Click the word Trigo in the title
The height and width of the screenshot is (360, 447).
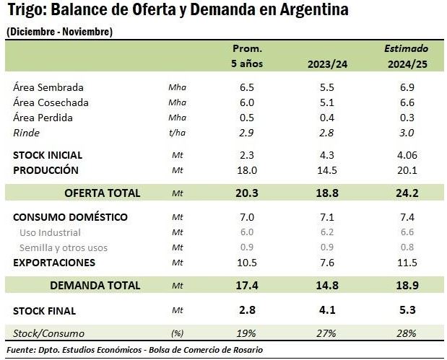click(25, 11)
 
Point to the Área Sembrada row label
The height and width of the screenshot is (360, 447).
click(48, 87)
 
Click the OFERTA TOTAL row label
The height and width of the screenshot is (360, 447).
click(102, 193)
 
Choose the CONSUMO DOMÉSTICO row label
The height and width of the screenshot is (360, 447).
click(70, 217)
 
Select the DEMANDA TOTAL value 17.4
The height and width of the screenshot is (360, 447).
click(246, 285)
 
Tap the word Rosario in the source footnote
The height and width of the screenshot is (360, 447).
click(246, 351)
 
